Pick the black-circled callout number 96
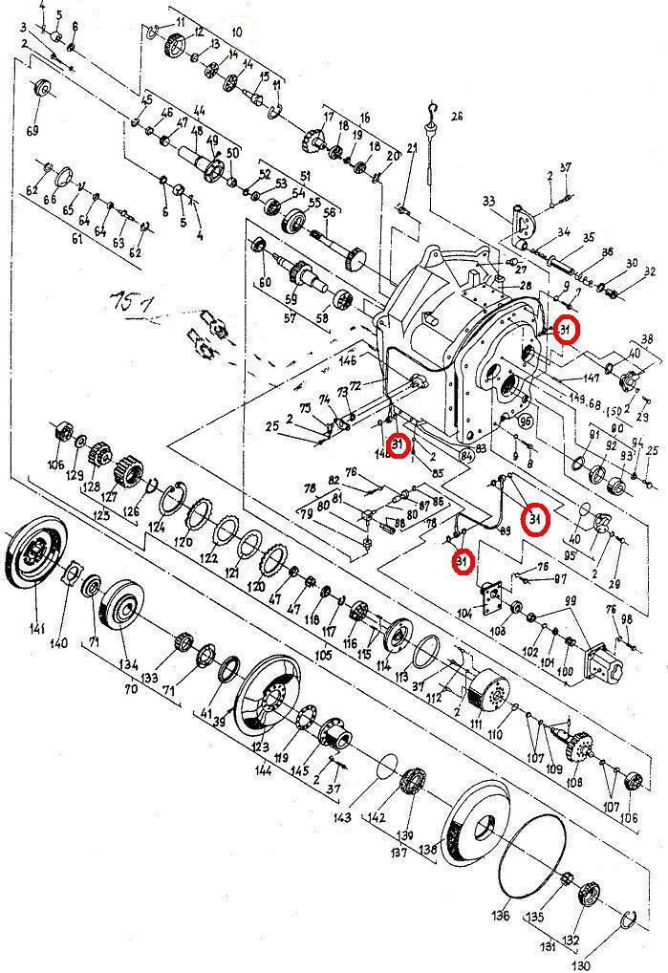click(x=525, y=419)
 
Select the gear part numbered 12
click(x=176, y=46)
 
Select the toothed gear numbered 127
click(x=128, y=471)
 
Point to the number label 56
click(x=330, y=212)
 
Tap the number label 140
click(x=59, y=643)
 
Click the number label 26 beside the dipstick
click(x=456, y=117)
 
